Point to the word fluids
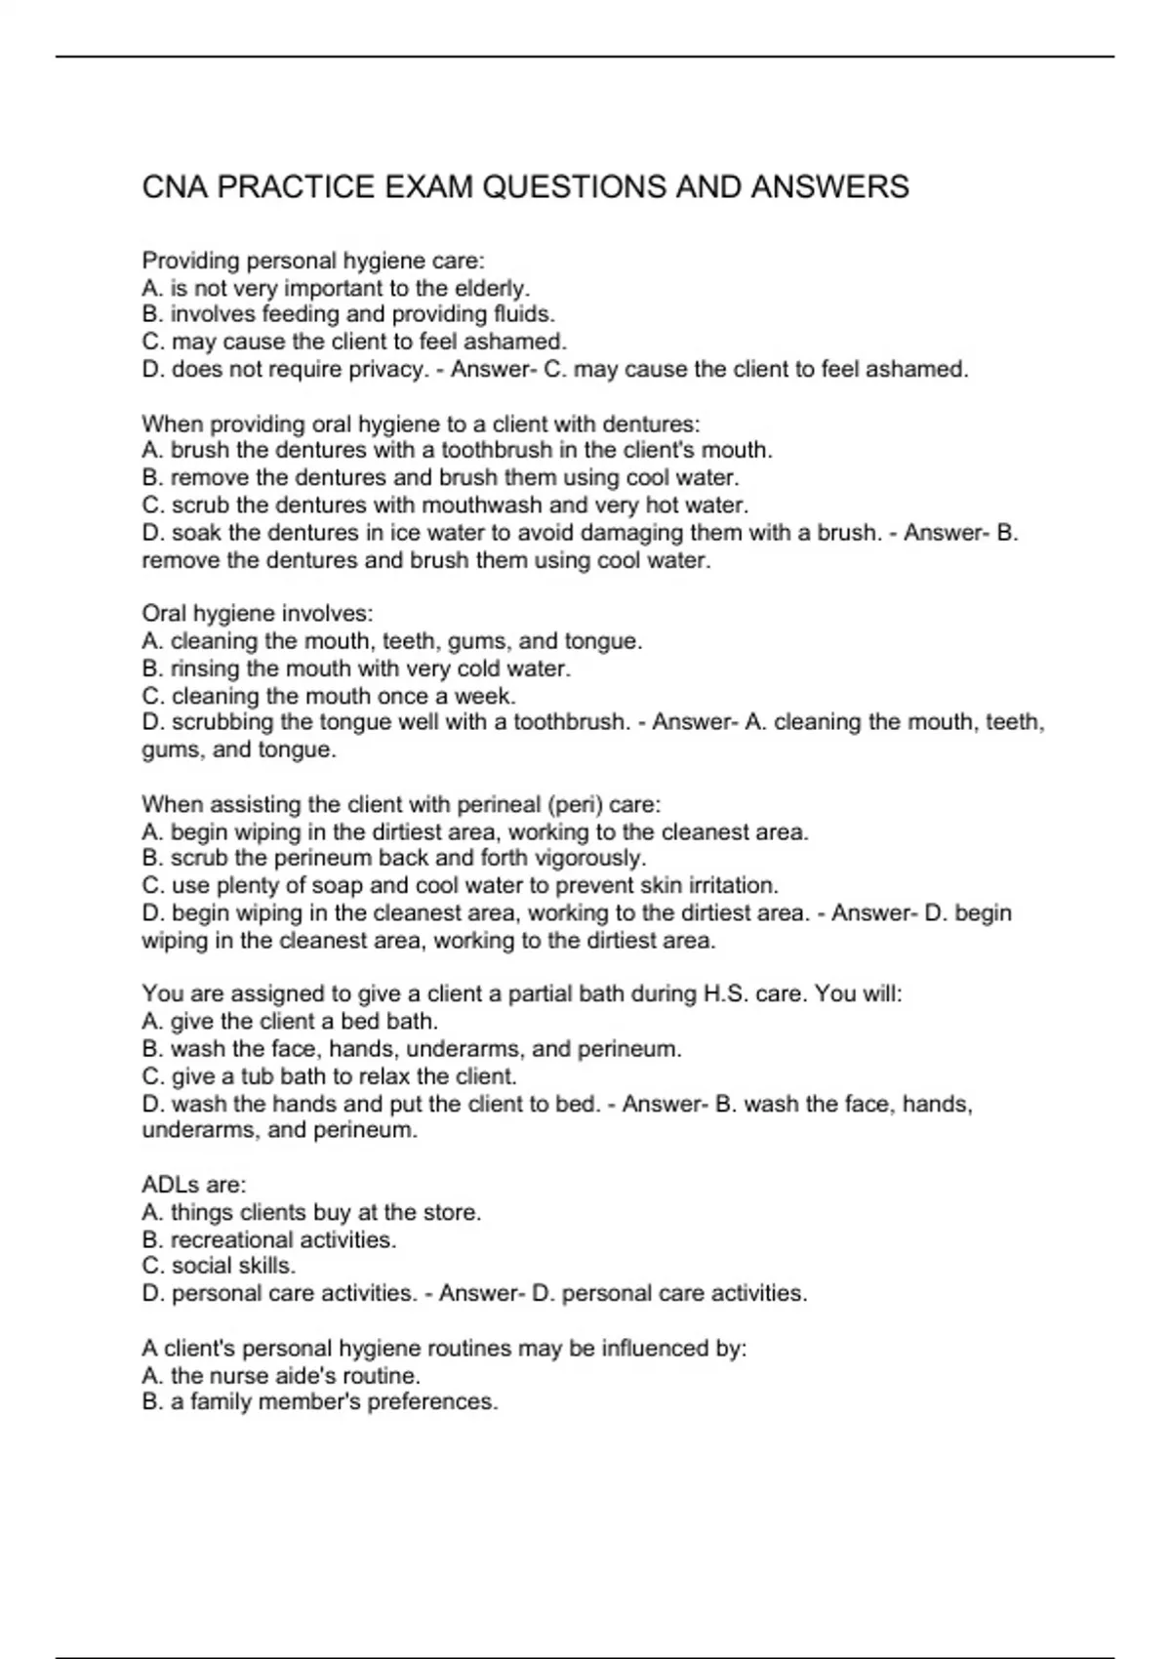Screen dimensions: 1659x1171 (524, 314)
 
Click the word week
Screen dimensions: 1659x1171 (489, 696)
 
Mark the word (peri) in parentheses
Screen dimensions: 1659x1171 (574, 804)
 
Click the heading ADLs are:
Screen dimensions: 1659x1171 (194, 1185)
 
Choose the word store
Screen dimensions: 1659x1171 (452, 1212)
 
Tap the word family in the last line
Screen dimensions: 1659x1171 (221, 1402)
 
